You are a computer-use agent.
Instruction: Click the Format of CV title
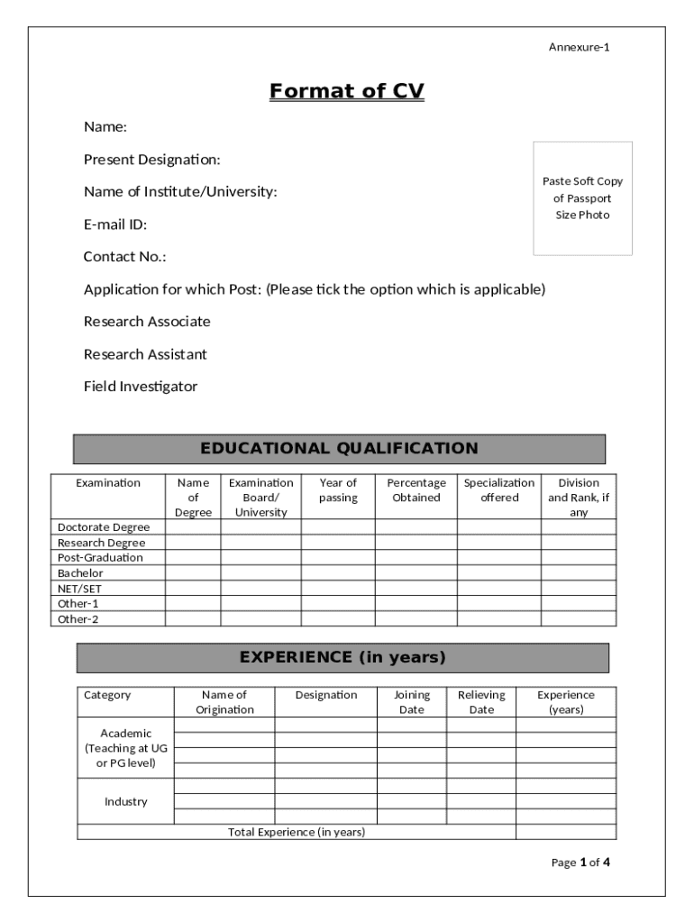click(346, 91)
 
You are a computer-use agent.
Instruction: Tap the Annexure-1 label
click(579, 47)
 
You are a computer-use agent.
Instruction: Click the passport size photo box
click(582, 198)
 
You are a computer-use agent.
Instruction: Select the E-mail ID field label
click(115, 224)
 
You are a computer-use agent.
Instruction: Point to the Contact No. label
click(125, 257)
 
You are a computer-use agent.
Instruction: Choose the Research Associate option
click(147, 322)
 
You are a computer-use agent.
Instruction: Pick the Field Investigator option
click(141, 387)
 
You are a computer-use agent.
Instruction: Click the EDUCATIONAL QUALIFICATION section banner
click(339, 449)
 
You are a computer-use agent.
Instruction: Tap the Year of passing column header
click(338, 490)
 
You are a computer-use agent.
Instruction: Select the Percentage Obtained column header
click(415, 490)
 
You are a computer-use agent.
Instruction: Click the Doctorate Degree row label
click(104, 527)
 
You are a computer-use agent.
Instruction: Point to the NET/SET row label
click(80, 589)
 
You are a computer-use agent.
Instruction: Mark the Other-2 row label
click(78, 619)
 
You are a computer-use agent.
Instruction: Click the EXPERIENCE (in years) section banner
click(342, 658)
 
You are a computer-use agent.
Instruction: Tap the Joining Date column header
click(412, 702)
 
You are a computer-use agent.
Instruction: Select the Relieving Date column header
click(481, 702)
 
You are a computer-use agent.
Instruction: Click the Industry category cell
click(126, 801)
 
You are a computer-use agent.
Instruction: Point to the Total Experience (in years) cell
click(297, 832)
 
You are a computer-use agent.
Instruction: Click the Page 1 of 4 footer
click(580, 863)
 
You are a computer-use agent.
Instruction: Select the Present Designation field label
click(152, 160)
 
